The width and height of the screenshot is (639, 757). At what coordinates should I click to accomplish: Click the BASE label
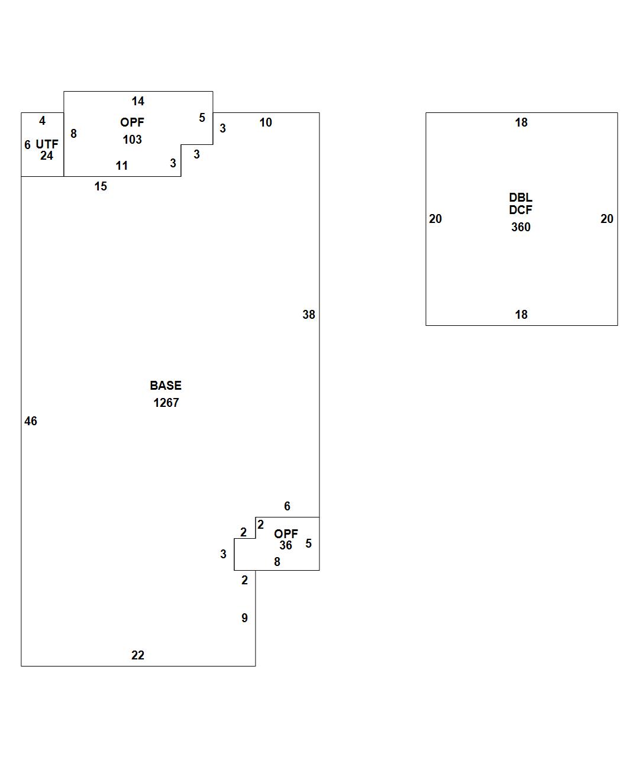click(x=166, y=386)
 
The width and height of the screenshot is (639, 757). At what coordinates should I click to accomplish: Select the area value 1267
click(x=166, y=403)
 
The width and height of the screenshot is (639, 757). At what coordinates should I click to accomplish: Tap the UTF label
click(x=47, y=144)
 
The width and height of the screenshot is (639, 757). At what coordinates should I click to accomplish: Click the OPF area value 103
click(x=132, y=140)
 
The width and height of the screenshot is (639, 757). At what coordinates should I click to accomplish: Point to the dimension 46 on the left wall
click(x=31, y=421)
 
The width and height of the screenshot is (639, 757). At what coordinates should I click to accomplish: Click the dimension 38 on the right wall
click(x=309, y=315)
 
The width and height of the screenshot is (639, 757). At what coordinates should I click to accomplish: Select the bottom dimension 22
click(x=137, y=655)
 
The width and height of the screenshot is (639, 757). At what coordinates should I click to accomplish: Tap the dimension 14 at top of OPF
click(x=138, y=101)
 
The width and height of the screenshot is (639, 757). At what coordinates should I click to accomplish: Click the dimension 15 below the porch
click(x=101, y=186)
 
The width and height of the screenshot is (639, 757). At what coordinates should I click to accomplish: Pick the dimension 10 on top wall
click(x=266, y=122)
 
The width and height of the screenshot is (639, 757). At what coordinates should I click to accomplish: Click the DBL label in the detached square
click(x=521, y=198)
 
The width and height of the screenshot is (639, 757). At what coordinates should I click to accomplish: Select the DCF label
click(x=521, y=209)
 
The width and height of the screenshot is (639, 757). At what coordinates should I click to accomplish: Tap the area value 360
click(x=521, y=227)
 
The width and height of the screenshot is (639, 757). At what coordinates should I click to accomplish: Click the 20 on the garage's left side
click(x=435, y=219)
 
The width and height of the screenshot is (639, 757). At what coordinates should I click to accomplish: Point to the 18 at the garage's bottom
click(x=521, y=315)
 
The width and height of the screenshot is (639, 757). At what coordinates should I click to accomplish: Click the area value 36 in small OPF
click(x=286, y=545)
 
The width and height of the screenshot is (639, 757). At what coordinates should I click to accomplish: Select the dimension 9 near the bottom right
click(x=244, y=618)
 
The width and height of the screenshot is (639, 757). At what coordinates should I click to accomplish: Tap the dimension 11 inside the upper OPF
click(x=122, y=166)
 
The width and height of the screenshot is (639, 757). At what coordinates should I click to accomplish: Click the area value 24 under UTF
click(x=47, y=156)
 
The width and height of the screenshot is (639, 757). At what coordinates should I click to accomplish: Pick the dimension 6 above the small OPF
click(x=287, y=506)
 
